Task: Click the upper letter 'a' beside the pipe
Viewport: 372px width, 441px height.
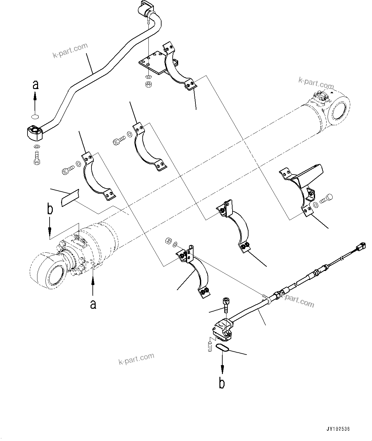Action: click(36, 85)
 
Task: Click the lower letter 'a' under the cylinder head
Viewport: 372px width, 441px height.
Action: click(93, 304)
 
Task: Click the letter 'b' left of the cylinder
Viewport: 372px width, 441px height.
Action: click(50, 209)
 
